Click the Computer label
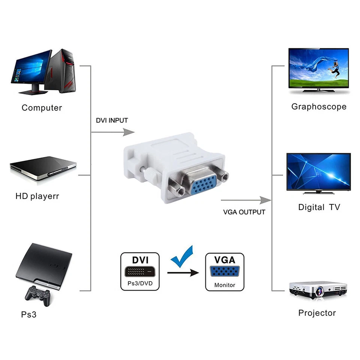point(42,108)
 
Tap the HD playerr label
point(37,196)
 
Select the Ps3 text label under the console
point(29,314)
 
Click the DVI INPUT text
point(112,121)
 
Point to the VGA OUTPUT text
point(244,212)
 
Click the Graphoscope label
point(319,107)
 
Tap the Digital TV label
point(319,207)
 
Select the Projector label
point(317,313)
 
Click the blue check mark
point(182,256)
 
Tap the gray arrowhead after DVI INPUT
point(129,132)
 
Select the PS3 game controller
point(37,295)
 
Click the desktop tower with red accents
point(62,71)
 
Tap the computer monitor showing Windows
point(31,70)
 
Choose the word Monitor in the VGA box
point(225,285)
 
